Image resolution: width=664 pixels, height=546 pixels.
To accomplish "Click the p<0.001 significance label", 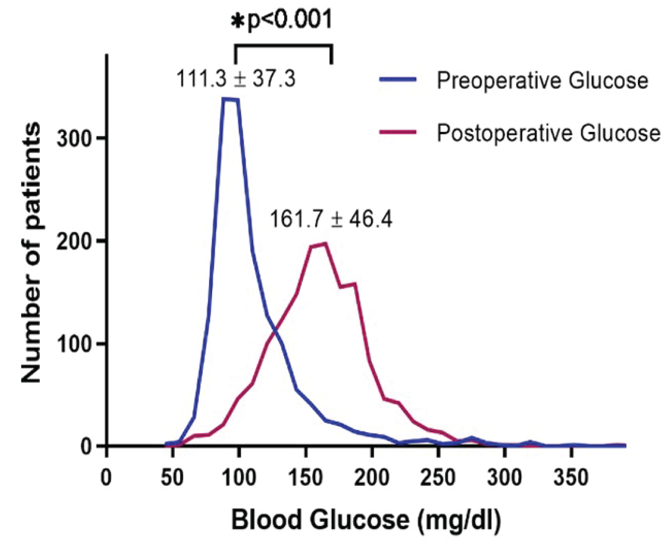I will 289,20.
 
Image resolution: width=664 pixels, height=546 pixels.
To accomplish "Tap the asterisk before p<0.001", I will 238,21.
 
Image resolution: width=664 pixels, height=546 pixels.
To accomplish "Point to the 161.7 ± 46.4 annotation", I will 331,219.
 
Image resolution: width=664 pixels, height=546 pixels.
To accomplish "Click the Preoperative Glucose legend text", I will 542,81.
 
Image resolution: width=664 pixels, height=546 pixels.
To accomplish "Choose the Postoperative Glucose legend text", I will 548,133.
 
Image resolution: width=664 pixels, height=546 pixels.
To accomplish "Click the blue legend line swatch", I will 398,80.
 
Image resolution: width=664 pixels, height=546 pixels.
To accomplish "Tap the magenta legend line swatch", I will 398,132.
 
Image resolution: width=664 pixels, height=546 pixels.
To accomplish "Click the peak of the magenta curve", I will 325,243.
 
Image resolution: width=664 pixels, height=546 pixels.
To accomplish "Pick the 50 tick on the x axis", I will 172,478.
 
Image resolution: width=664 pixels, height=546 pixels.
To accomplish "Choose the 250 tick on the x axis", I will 439,478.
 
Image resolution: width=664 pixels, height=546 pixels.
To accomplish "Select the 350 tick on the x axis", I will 572,478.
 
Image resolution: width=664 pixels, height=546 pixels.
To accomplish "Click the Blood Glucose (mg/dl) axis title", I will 366,520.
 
